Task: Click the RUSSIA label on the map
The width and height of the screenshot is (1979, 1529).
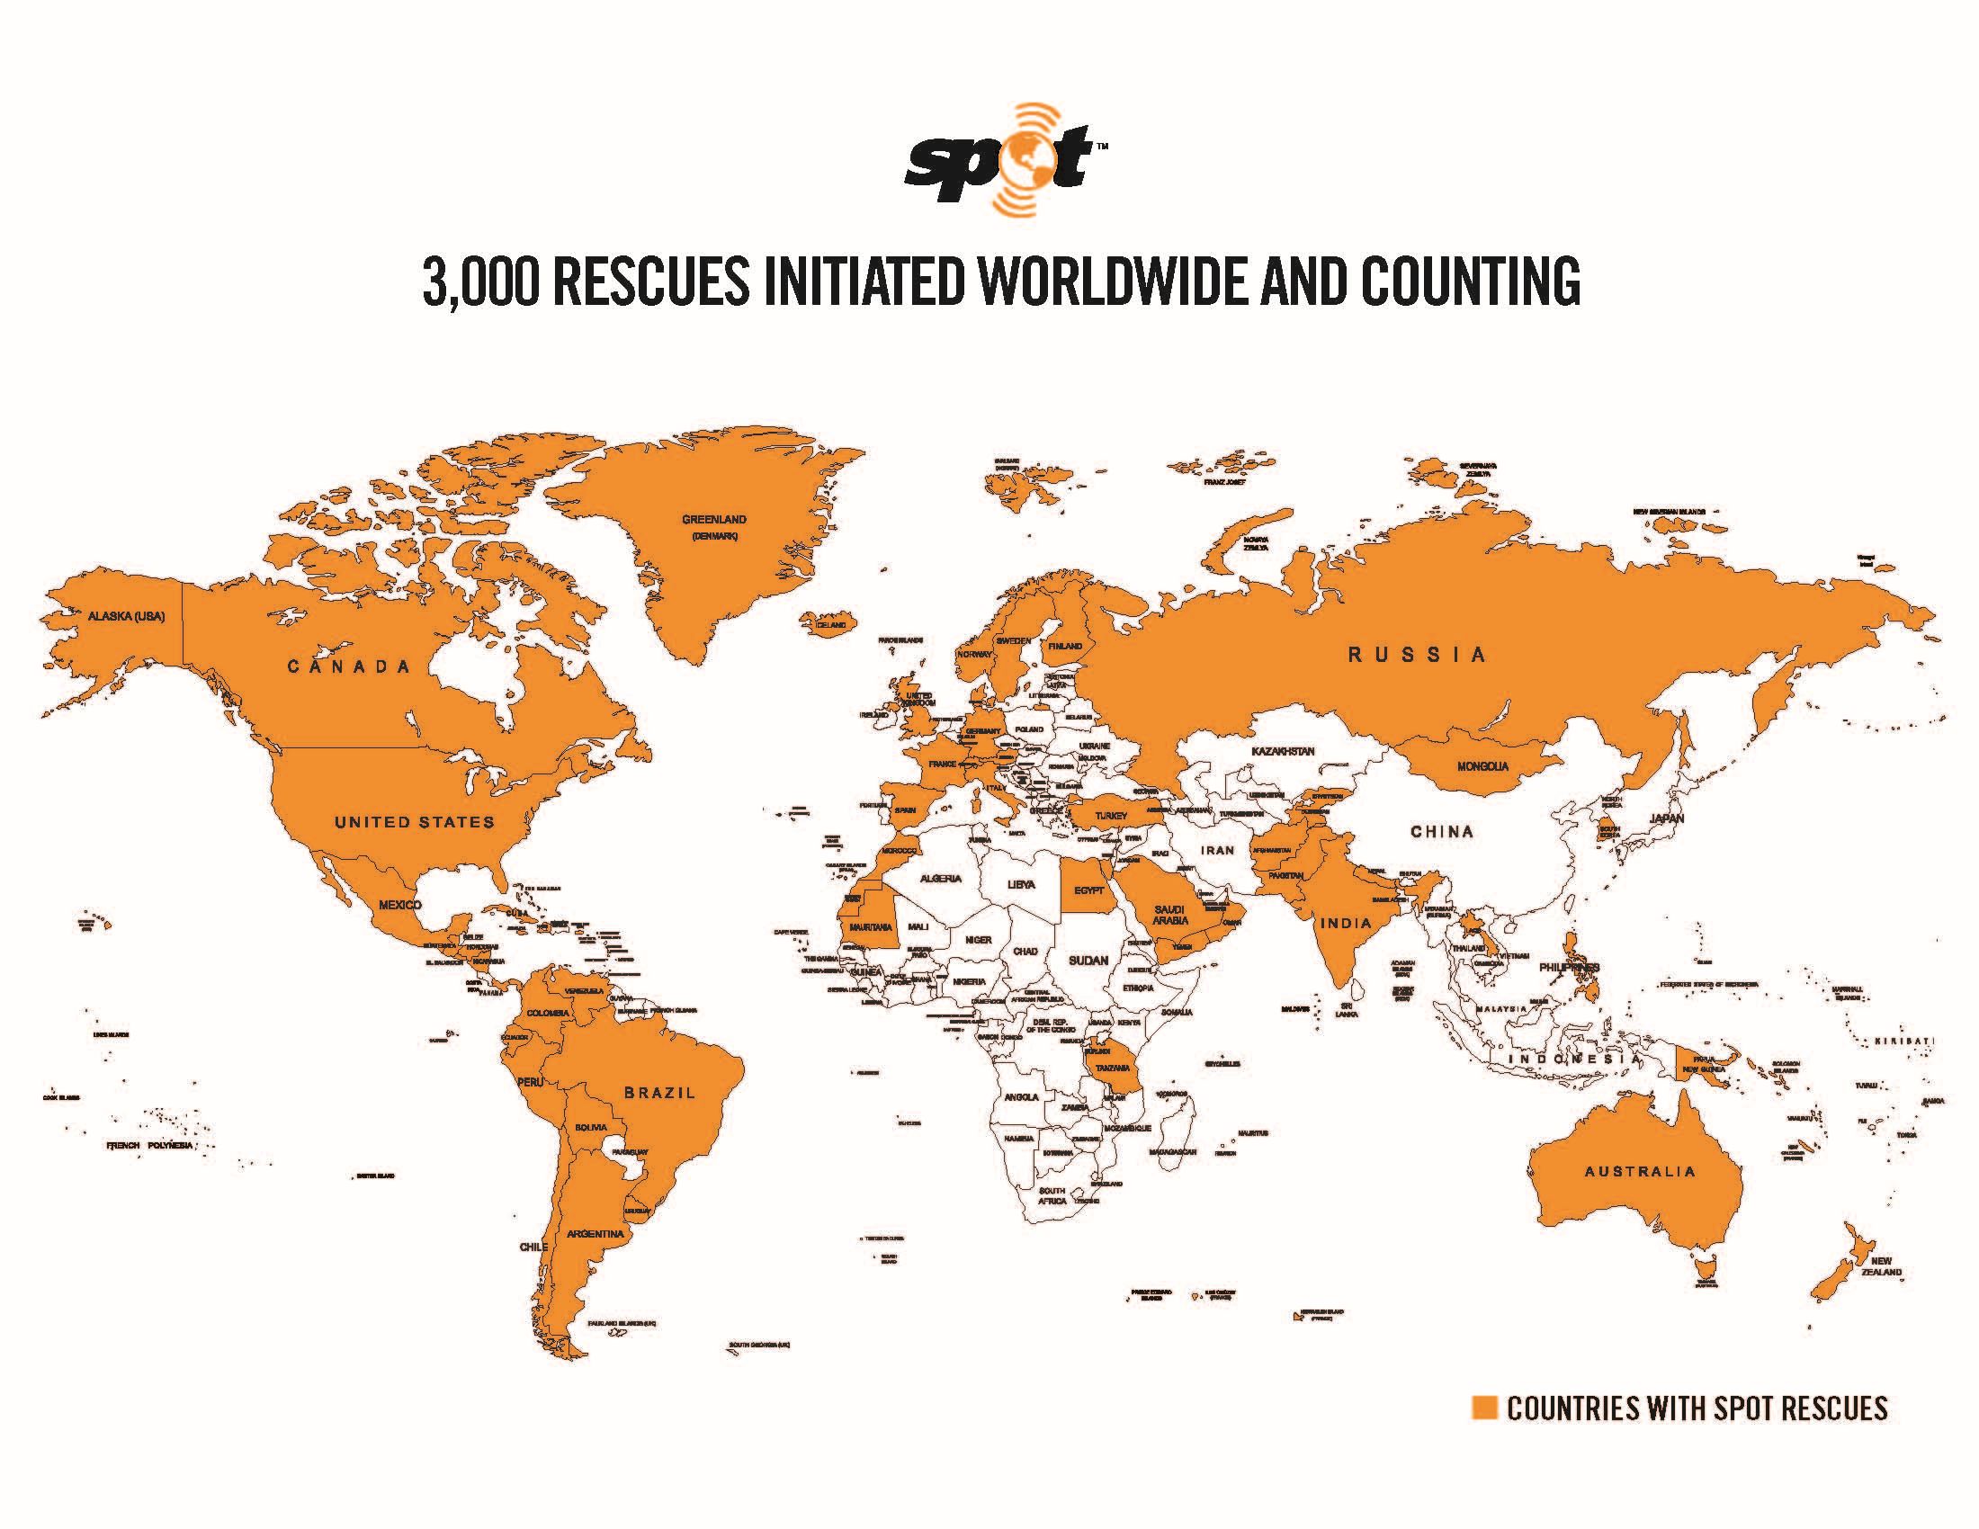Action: [1417, 655]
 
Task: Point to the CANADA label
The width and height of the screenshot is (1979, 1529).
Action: [349, 667]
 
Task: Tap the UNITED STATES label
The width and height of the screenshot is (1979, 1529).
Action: [414, 822]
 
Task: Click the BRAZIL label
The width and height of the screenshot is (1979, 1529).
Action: [659, 1093]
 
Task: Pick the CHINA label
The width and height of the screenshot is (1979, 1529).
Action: [1442, 832]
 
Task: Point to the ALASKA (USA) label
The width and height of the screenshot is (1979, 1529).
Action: [126, 617]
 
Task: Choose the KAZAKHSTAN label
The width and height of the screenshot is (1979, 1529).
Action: [1282, 752]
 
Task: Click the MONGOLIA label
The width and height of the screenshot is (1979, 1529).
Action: [1482, 766]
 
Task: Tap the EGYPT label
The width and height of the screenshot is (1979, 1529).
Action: [1088, 890]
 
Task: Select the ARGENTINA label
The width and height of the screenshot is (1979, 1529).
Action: [595, 1234]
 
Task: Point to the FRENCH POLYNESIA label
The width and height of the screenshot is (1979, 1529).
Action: [150, 1146]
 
